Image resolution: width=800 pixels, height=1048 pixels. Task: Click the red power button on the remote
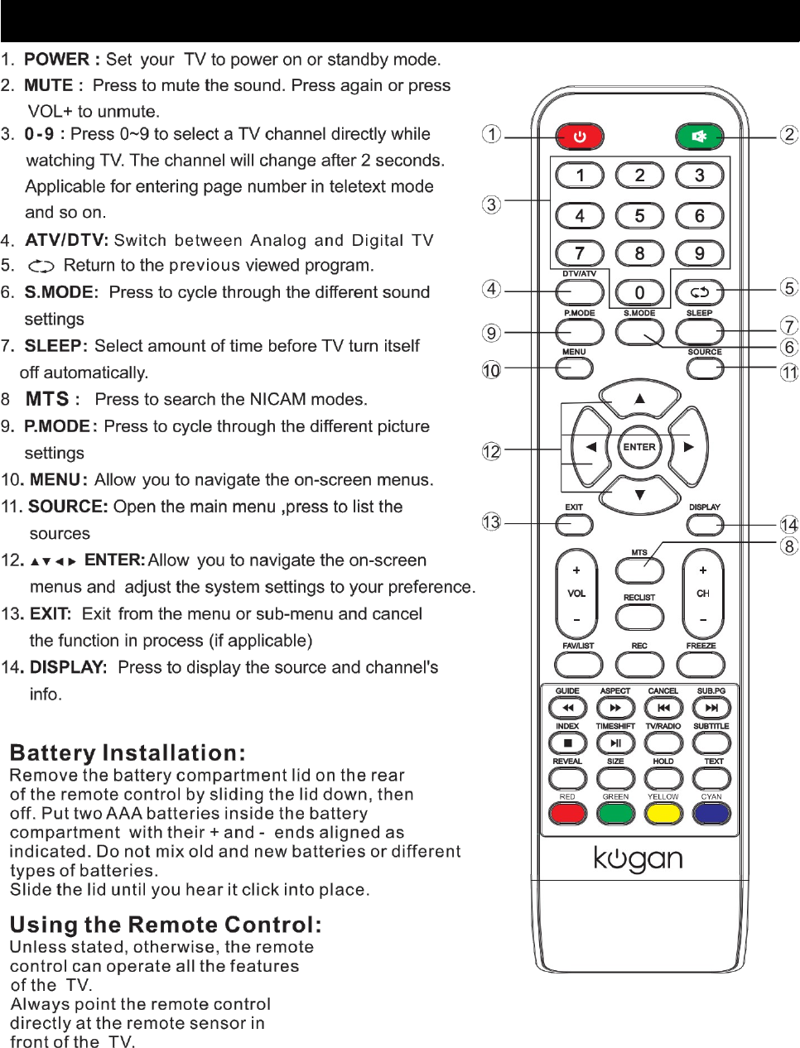coord(579,136)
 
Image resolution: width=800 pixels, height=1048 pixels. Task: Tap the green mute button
coord(699,136)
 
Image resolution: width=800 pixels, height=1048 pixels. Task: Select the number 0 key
coord(639,292)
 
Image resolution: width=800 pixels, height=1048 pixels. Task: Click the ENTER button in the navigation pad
coord(639,447)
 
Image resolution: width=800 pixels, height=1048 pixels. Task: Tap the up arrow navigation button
coord(639,399)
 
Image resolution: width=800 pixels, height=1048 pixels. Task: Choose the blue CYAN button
coord(711,814)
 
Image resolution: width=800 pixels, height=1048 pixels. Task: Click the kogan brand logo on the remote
coord(638,859)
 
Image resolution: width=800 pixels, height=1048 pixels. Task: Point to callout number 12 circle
coord(492,451)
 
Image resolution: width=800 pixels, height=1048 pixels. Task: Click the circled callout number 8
coord(789,546)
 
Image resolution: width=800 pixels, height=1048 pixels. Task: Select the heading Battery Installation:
coord(128,753)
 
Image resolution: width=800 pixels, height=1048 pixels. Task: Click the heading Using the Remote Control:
coord(166,925)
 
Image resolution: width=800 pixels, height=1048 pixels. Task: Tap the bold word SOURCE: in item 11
coord(68,507)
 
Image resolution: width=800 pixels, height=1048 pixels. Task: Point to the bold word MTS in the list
coord(47,399)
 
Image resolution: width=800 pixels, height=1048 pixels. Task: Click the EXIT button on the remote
coord(574,525)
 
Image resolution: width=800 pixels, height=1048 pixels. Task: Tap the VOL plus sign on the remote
coord(576,570)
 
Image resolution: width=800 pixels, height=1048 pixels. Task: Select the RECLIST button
coord(639,617)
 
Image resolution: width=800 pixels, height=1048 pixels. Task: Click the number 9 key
coord(700,253)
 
